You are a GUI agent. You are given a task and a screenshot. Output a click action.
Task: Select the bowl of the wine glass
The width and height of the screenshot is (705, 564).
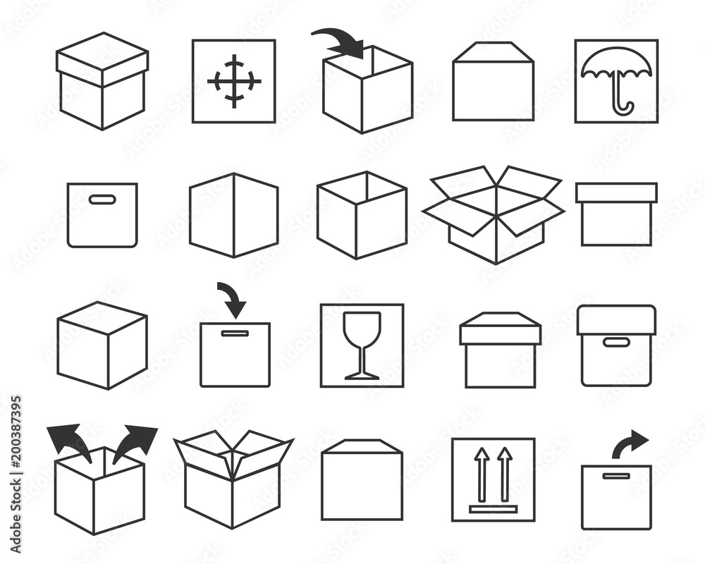click(362, 328)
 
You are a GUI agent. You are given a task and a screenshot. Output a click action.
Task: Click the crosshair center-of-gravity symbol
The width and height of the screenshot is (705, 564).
click(234, 81)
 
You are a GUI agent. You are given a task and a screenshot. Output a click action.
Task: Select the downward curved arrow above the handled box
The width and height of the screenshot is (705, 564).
click(231, 299)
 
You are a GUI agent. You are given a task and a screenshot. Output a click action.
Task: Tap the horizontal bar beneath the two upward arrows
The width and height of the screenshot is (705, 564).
click(493, 508)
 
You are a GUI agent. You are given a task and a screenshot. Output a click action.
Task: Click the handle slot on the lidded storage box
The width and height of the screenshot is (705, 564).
click(616, 343)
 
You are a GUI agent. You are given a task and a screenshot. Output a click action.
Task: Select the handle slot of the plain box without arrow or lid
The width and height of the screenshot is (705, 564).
click(102, 200)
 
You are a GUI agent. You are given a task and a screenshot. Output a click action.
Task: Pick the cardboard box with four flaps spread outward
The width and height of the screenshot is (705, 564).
click(493, 211)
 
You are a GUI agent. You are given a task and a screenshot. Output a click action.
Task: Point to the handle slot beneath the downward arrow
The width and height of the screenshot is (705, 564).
click(235, 333)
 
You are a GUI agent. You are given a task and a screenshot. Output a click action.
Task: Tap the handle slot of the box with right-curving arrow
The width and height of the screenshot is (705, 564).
click(616, 476)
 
